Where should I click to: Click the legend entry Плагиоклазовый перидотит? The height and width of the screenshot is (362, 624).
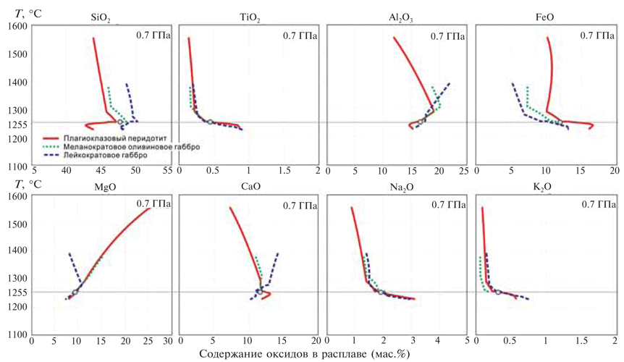[112, 138]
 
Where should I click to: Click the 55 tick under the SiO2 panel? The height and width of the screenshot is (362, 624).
[167, 171]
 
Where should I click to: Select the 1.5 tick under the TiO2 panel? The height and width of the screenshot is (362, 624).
[282, 171]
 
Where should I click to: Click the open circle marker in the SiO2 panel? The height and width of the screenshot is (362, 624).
[121, 122]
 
